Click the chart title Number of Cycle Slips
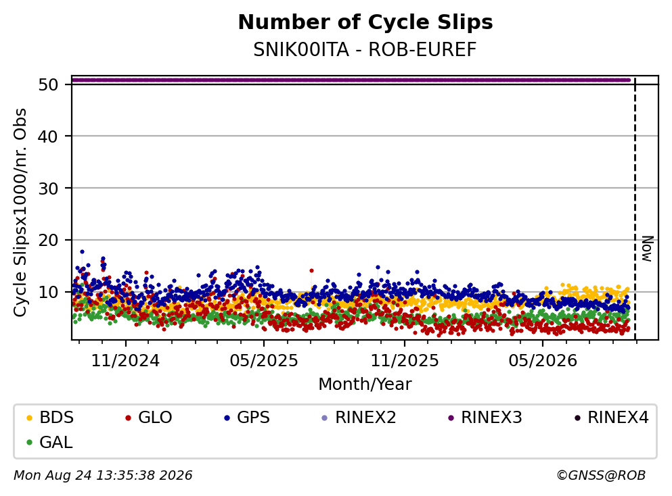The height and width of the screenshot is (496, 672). pos(365,22)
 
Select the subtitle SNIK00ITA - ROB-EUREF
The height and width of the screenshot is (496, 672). pos(365,49)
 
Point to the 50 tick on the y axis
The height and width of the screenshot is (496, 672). pos(48,84)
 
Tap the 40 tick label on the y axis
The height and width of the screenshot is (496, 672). pos(48,137)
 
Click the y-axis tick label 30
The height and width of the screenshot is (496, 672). pos(48,189)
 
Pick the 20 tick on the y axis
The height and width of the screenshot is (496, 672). pos(48,240)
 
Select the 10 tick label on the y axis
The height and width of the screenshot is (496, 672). pos(48,293)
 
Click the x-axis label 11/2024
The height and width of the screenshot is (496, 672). pos(126,361)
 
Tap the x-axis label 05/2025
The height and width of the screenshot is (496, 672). pos(263,361)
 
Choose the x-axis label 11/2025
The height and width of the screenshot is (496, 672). pos(405,361)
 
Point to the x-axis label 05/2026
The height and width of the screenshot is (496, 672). pos(543,361)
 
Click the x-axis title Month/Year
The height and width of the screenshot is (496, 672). pos(365,385)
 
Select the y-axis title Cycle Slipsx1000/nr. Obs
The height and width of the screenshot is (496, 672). pos(20,213)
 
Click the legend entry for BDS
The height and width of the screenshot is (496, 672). pos(49,417)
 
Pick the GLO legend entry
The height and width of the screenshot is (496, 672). pos(148,417)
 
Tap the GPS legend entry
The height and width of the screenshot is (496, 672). pos(247,417)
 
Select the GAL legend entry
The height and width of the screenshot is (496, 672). pos(49,442)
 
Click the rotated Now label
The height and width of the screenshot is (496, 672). pos(647,249)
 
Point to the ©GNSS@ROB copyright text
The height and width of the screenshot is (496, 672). pos(601,475)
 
